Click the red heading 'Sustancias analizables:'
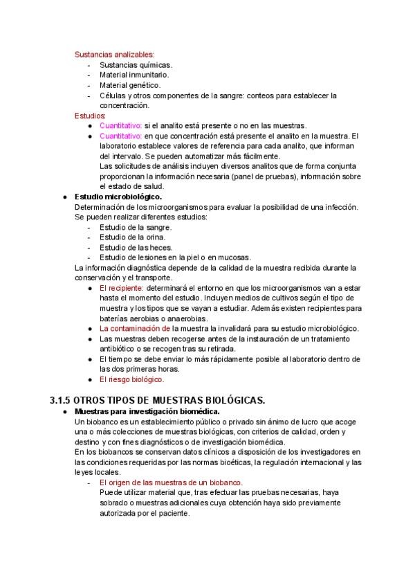coord(115,54)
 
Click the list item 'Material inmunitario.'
coord(134,75)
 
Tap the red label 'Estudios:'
coord(90,116)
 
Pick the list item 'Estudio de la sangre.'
coord(136,227)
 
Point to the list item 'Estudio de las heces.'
coord(136,247)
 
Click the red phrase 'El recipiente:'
coord(121,287)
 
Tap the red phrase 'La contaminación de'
coord(135,328)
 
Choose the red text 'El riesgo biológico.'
coord(131,379)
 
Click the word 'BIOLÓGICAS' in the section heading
coord(231,400)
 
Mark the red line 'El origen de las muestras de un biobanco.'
coord(171,482)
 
